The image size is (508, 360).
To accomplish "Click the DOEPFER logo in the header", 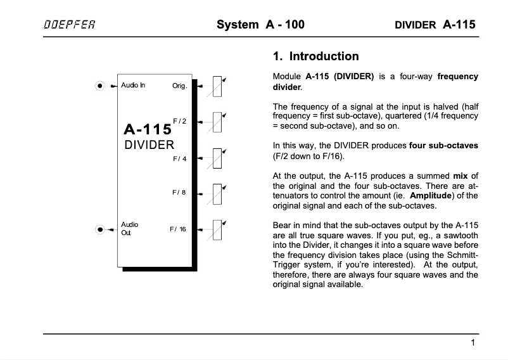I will coord(70,25).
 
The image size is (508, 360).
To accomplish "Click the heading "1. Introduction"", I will coord(315,56).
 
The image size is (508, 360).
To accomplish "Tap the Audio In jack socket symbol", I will coord(99,86).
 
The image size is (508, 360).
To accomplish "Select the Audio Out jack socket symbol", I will coord(99,229).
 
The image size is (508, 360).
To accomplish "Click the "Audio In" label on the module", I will coord(133,85).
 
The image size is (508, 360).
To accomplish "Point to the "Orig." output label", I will coord(180,86).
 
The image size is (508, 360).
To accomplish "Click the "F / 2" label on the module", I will coord(180,120).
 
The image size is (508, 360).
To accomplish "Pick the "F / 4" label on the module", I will coord(180,158).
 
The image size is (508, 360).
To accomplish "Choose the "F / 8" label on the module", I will coord(179,192).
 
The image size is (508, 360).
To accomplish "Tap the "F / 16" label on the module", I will coord(178,229).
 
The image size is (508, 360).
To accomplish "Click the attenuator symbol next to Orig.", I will coord(217,86).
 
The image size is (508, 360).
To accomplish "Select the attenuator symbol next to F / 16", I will coord(217,229).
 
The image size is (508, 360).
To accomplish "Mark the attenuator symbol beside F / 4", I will coord(217,158).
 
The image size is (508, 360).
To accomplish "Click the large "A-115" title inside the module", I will coord(148,129).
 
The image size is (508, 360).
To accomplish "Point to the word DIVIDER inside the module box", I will coord(149,145).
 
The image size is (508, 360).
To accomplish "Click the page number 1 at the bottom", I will coord(473,343).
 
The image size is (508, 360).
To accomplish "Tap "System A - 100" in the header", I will coord(260,25).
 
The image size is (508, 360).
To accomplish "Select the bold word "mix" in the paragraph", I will coord(461,176).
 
